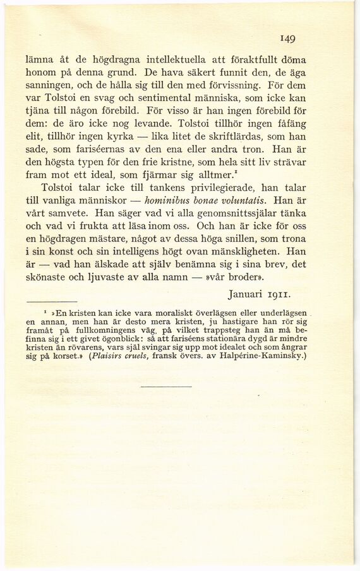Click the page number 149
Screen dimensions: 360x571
point(289,39)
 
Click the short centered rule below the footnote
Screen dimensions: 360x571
point(165,386)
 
